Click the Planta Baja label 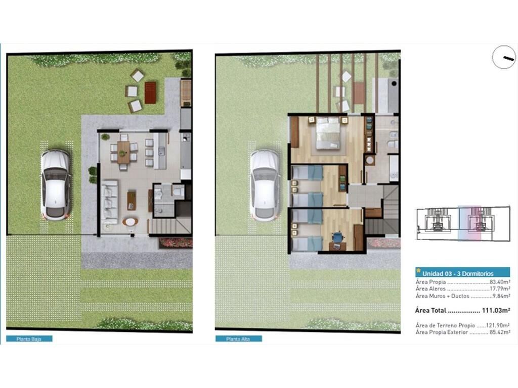[x=29, y=339]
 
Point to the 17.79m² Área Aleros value [x=500, y=289]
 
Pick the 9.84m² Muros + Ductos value [x=501, y=296]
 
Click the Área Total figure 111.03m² [x=496, y=311]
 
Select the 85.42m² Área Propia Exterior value [x=499, y=332]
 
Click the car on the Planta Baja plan [x=56, y=185]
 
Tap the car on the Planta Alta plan [x=265, y=185]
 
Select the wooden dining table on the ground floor [x=123, y=153]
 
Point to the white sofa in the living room [x=109, y=202]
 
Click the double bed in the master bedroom [x=328, y=133]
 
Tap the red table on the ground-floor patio [x=150, y=93]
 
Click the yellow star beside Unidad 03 [x=418, y=271]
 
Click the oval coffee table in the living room [x=131, y=222]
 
